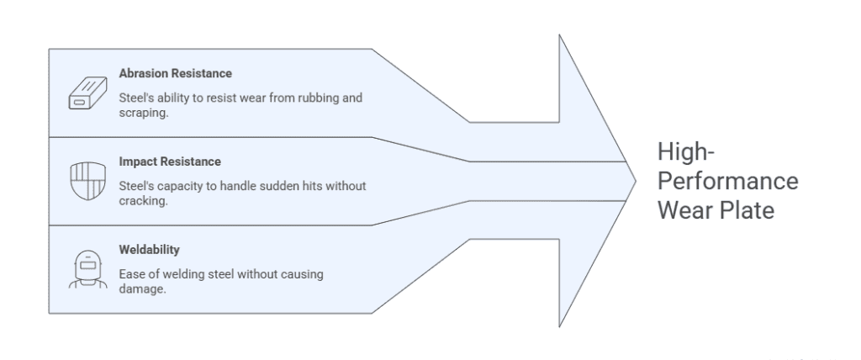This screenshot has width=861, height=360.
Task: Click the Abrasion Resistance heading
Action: click(175, 74)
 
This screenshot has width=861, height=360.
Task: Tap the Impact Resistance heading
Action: click(169, 161)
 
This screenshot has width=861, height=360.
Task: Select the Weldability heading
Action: click(150, 251)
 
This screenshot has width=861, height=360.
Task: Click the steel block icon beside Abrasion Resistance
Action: click(85, 95)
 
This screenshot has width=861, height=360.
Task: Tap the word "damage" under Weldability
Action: click(138, 289)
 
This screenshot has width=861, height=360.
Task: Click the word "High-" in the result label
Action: click(683, 153)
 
